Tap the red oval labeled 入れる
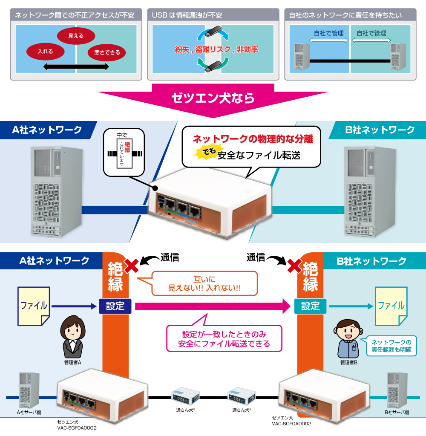pos(45,52)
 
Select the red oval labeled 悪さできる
pos(107,53)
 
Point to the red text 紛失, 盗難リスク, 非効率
pos(216,49)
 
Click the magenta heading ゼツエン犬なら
pos(213,98)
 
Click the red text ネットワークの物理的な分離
pos(253,139)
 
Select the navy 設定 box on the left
pos(115,306)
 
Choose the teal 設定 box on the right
pos(310,306)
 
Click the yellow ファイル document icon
pos(34,305)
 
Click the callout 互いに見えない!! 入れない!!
pos(205,283)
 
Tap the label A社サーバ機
pos(29,413)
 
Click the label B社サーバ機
pos(397,413)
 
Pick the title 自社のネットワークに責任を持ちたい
pos(345,15)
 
